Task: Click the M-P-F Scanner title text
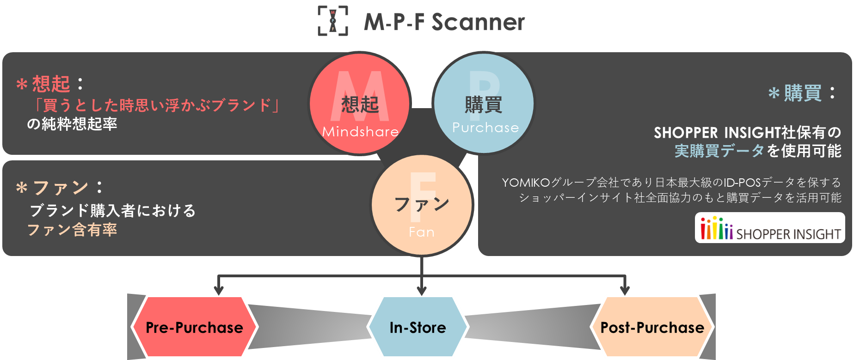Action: (444, 22)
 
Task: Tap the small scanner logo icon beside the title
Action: (332, 21)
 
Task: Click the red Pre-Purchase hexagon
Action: (194, 327)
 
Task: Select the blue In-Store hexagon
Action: (418, 327)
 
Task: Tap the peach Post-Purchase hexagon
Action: (652, 327)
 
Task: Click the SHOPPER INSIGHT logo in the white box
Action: (770, 228)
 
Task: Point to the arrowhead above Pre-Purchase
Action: (219, 290)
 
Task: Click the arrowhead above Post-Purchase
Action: (625, 290)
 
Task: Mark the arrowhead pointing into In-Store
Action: (422, 290)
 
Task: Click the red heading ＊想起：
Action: (50, 84)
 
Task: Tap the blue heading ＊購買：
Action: (802, 93)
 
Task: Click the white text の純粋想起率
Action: (72, 124)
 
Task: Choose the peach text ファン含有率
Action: (72, 230)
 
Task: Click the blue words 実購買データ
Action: (719, 151)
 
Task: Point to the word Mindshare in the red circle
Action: (360, 132)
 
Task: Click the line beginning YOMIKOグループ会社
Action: (671, 183)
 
